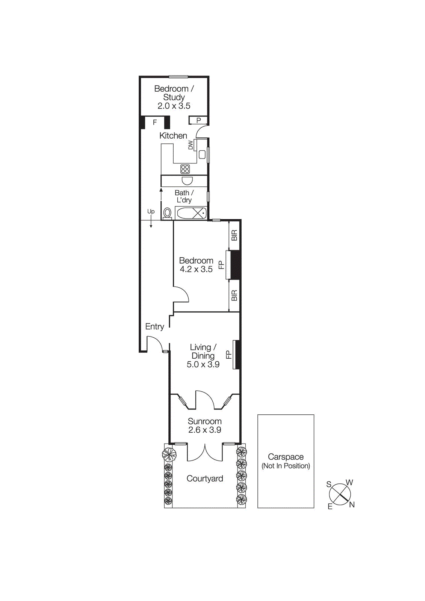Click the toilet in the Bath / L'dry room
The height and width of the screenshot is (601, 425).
168,213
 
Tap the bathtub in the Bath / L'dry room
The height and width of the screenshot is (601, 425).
191,213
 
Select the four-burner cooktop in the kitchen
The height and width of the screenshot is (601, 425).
185,169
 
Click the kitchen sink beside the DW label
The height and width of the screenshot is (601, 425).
202,154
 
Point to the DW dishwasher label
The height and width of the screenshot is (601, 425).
191,145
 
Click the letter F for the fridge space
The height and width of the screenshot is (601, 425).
154,122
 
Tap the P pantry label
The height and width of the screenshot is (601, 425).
198,121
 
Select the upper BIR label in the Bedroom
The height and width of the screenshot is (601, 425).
234,236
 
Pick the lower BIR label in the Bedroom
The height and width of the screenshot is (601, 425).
234,296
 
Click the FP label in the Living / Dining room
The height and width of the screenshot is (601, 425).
228,355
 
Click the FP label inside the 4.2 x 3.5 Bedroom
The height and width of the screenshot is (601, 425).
221,265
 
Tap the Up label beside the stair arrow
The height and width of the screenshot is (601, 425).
151,211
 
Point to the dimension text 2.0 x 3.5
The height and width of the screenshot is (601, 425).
174,106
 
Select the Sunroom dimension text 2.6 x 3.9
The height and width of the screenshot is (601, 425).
204,430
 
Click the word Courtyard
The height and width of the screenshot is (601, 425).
205,479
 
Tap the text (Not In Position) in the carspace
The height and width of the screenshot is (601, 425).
286,466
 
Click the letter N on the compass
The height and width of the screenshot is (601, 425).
352,505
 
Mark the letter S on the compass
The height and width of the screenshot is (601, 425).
329,484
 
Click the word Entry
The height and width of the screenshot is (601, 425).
154,327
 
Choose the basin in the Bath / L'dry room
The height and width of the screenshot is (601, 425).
187,181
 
